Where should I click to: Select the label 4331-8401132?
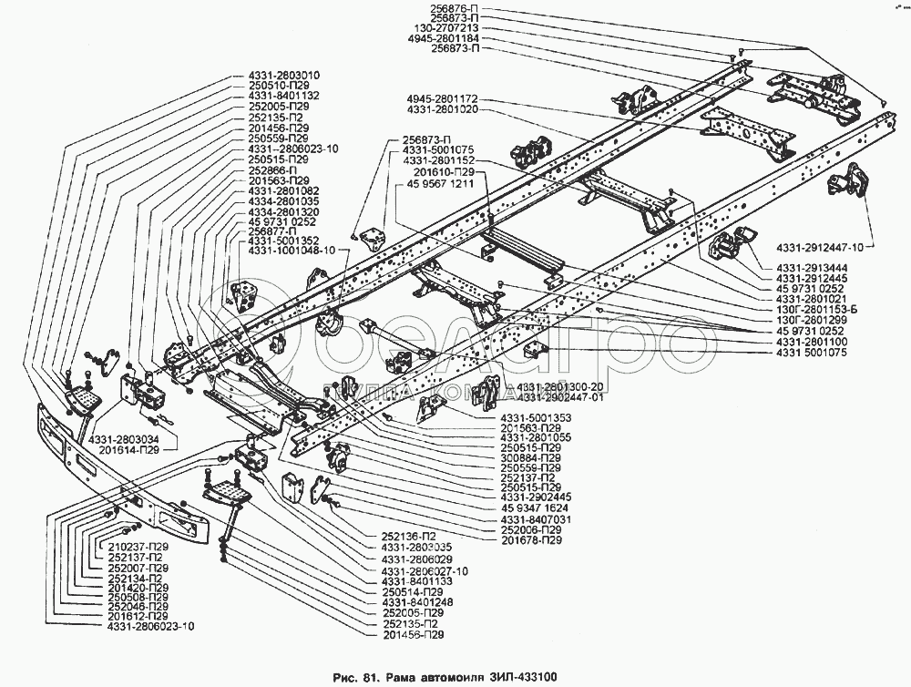pyautogui.click(x=282, y=96)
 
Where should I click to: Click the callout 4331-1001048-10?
pyautogui.click(x=292, y=250)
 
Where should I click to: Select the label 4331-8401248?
pyautogui.click(x=416, y=602)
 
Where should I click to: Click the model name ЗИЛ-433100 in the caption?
pyautogui.click(x=518, y=676)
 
